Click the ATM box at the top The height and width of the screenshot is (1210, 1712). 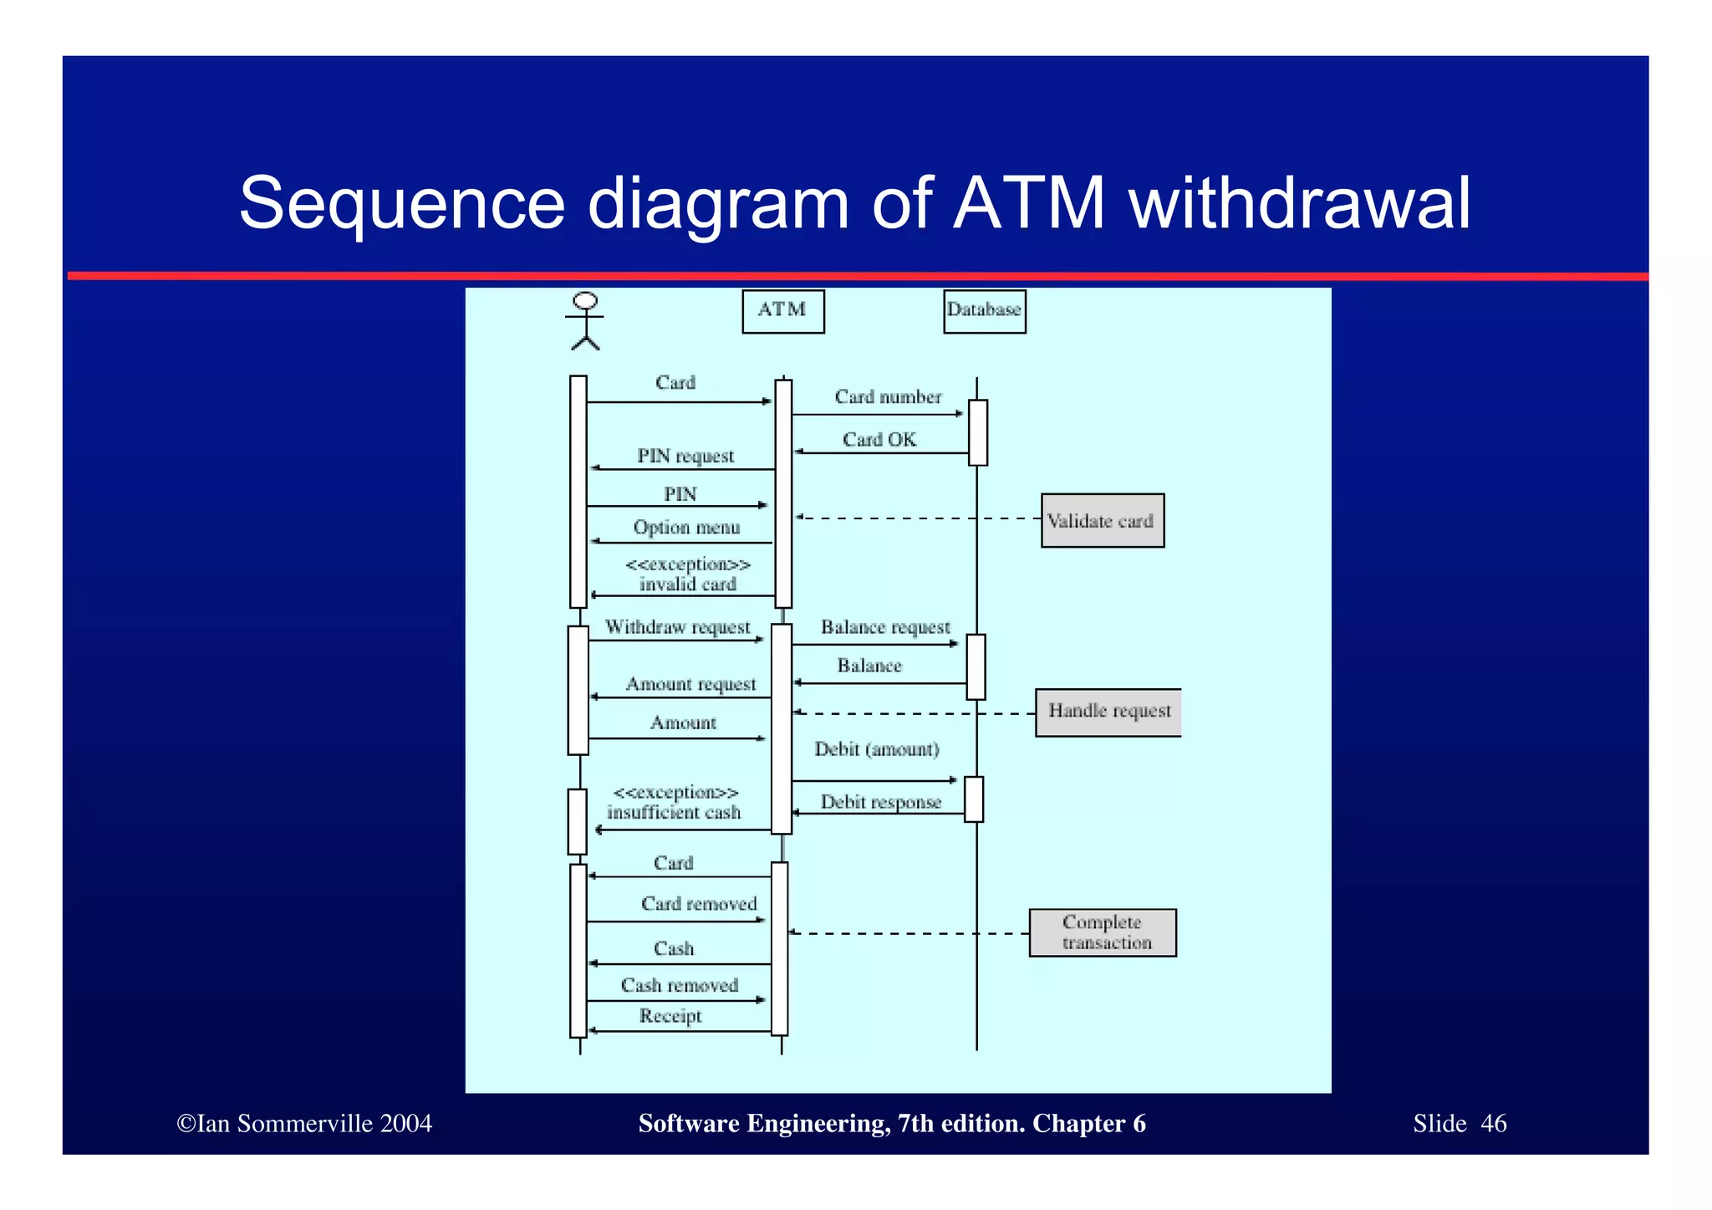tap(782, 311)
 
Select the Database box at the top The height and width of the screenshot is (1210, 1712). tap(984, 311)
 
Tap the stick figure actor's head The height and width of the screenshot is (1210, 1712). tap(585, 301)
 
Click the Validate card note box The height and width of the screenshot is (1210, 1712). tap(1102, 521)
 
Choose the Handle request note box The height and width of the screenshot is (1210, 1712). tap(1108, 712)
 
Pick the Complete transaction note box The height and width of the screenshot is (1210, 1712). tap(1103, 932)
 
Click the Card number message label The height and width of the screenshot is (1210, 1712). tap(888, 397)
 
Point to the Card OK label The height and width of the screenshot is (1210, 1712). tap(879, 440)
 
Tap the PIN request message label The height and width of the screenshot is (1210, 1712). tap(685, 457)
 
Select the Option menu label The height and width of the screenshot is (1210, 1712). tap(686, 528)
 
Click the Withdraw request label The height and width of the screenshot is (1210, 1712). tap(677, 627)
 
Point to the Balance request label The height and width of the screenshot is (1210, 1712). tap(885, 627)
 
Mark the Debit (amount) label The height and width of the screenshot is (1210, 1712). tap(877, 749)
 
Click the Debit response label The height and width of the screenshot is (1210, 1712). tap(881, 802)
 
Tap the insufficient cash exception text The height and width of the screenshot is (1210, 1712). tap(674, 813)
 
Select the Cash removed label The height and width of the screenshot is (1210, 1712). tap(680, 986)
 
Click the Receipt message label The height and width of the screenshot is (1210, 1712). tap(670, 1016)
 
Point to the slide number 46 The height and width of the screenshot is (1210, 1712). tap(1493, 1123)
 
